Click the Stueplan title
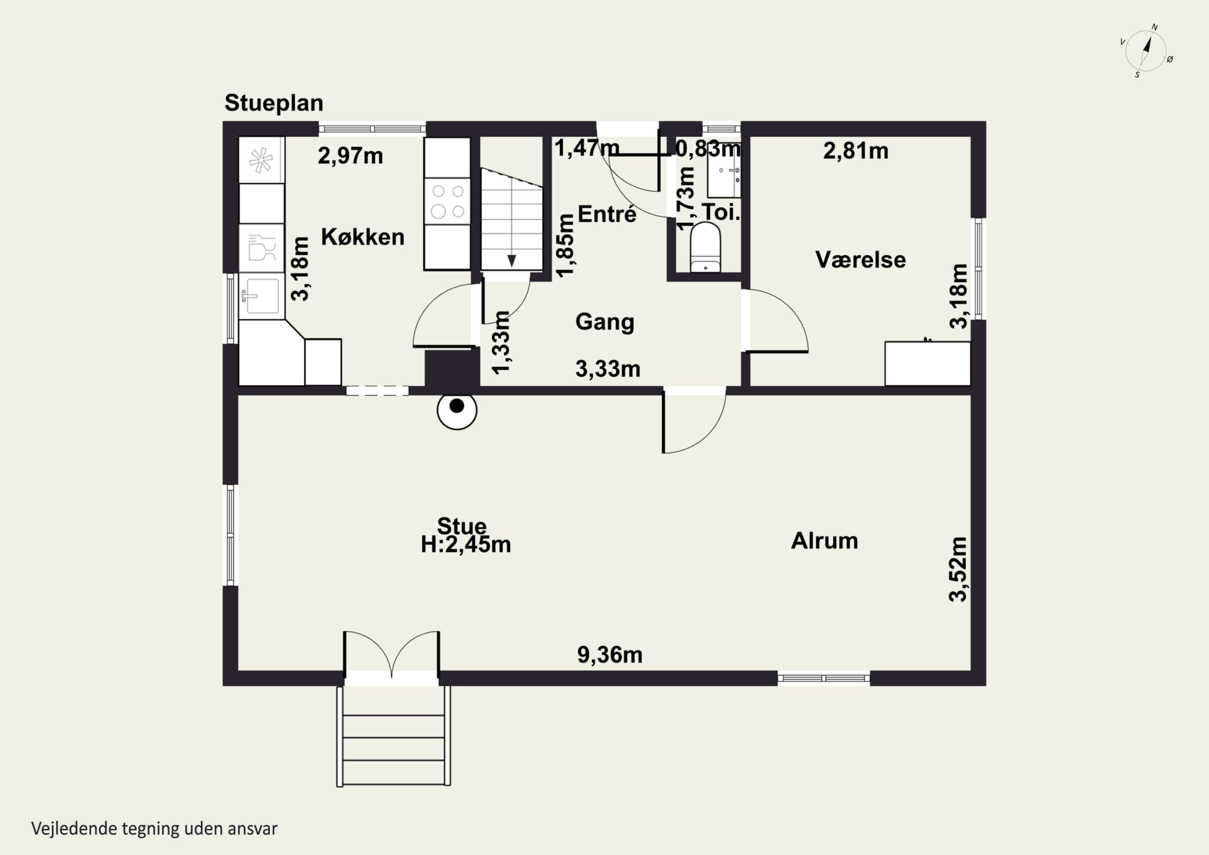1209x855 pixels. point(274,103)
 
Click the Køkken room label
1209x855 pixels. point(363,237)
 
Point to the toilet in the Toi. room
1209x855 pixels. point(705,247)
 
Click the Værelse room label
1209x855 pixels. point(860,260)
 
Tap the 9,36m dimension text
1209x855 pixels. point(610,655)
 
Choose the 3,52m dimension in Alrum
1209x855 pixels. point(958,569)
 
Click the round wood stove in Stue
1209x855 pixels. point(457,410)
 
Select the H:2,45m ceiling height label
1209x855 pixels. point(465,545)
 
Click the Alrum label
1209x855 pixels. point(825,541)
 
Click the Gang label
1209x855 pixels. point(604,322)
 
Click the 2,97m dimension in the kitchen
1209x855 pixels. point(350,156)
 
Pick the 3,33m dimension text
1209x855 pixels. point(608,369)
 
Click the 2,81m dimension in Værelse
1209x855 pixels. point(856,151)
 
